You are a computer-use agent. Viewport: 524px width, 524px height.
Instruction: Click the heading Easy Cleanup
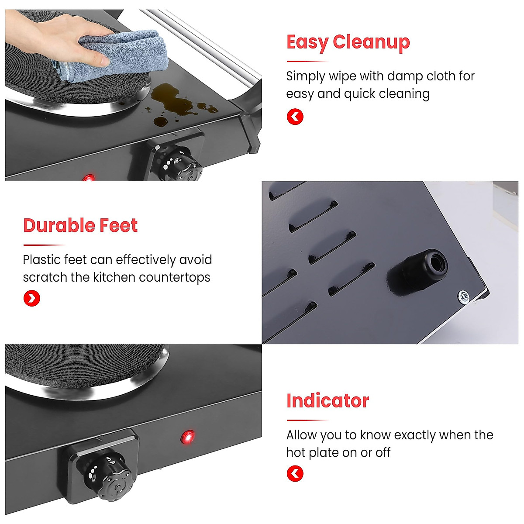point(348,43)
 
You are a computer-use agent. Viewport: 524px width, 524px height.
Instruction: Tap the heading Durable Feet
point(80,225)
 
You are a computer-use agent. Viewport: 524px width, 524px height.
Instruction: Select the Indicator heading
point(327,401)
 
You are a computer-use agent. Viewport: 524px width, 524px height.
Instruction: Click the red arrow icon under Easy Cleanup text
point(295,117)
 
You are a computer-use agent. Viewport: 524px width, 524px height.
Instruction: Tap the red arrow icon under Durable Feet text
point(32,298)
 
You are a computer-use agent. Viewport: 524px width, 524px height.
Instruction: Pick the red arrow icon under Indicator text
point(295,473)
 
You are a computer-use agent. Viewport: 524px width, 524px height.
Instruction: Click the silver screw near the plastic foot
point(463,296)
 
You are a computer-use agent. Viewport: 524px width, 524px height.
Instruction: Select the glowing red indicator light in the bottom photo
point(188,437)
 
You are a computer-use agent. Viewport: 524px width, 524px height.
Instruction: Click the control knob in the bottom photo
point(107,477)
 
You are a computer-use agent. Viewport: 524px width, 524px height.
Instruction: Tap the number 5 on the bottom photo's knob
point(109,459)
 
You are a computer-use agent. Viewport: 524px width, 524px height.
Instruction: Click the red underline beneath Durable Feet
point(45,245)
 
